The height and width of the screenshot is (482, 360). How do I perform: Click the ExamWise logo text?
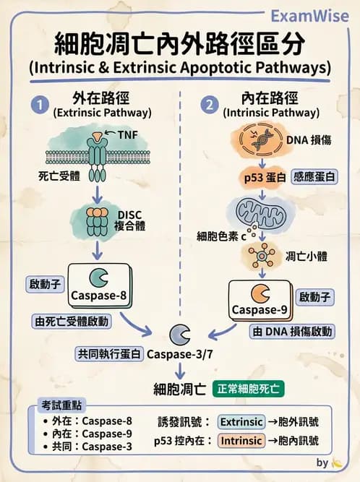[x=313, y=15]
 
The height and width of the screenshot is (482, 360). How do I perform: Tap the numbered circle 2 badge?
[x=210, y=106]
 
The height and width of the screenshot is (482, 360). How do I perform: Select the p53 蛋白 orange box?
[x=263, y=176]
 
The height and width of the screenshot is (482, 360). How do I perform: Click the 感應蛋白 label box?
[x=312, y=176]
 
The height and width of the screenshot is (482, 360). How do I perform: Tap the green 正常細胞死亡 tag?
[x=249, y=388]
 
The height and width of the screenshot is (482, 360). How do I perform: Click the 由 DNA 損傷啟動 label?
[x=292, y=332]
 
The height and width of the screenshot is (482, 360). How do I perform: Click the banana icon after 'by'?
[x=336, y=463]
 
